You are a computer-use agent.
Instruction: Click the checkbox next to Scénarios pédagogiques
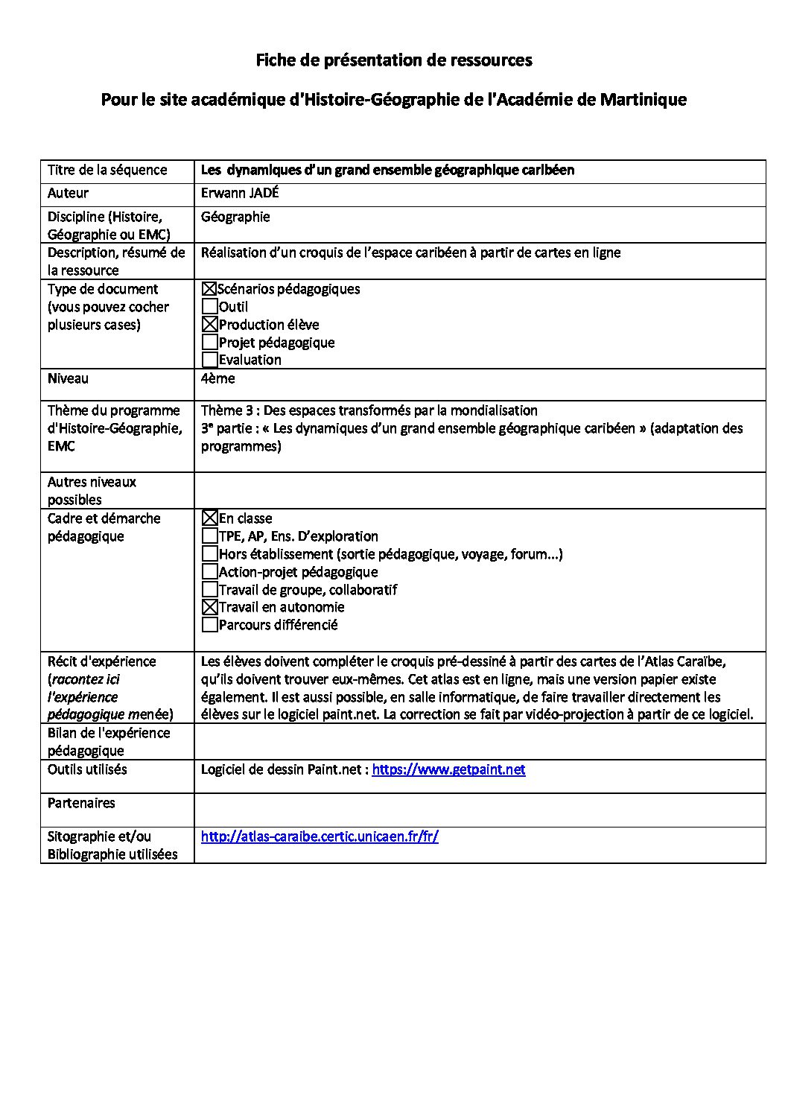(x=209, y=289)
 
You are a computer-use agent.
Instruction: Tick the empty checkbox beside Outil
(x=210, y=307)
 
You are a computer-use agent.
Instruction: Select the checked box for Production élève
(x=210, y=325)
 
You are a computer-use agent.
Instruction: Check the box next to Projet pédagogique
(x=210, y=343)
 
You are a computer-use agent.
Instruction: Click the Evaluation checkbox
(x=210, y=360)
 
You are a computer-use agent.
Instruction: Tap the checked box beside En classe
(x=210, y=518)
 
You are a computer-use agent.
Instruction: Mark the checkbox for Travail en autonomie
(x=210, y=607)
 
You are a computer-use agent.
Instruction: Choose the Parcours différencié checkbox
(x=210, y=625)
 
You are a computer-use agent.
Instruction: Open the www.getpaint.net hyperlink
(x=448, y=769)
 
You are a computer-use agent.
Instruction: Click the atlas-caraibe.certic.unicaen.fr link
(x=320, y=836)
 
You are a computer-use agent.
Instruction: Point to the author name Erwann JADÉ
(x=240, y=193)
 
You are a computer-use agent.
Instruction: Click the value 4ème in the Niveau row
(x=217, y=378)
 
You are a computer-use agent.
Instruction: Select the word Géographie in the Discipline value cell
(x=235, y=217)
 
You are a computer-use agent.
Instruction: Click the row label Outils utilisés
(x=87, y=769)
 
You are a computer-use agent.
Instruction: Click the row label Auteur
(x=68, y=193)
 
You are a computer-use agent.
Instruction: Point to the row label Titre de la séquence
(x=107, y=170)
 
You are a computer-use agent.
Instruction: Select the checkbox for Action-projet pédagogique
(x=210, y=572)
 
